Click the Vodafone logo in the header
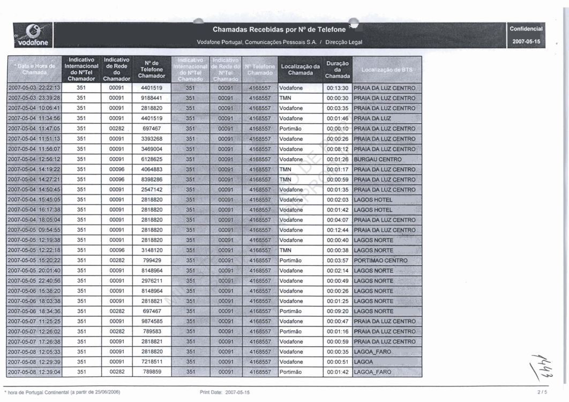click(33, 35)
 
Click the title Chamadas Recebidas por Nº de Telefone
click(279, 29)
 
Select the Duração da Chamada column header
click(338, 70)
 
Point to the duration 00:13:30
click(338, 88)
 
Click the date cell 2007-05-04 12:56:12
click(34, 159)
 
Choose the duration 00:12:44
click(338, 230)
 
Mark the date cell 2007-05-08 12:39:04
click(34, 372)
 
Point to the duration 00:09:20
click(338, 311)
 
